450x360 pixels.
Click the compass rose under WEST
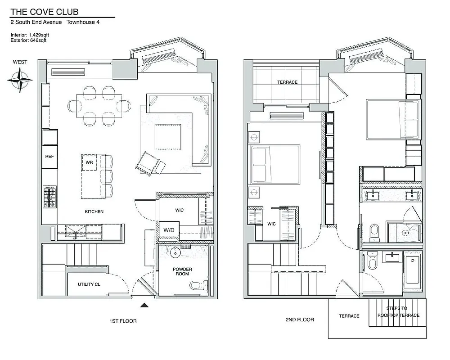pyautogui.click(x=20, y=81)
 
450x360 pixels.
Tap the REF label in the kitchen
pyautogui.click(x=49, y=156)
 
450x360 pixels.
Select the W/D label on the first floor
pyautogui.click(x=169, y=230)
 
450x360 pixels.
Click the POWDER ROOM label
pyautogui.click(x=182, y=272)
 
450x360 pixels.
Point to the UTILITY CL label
pyautogui.click(x=89, y=284)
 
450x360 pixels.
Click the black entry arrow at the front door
pyautogui.click(x=144, y=306)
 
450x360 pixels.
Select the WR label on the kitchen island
pyautogui.click(x=89, y=162)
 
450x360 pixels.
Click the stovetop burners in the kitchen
pyautogui.click(x=49, y=197)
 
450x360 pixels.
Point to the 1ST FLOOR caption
pyautogui.click(x=123, y=321)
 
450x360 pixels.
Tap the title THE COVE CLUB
pyautogui.click(x=38, y=12)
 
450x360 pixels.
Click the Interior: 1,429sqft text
pyautogui.click(x=29, y=35)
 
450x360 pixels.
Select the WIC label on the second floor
pyautogui.click(x=271, y=224)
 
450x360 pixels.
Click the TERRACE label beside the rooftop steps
pyautogui.click(x=349, y=316)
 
